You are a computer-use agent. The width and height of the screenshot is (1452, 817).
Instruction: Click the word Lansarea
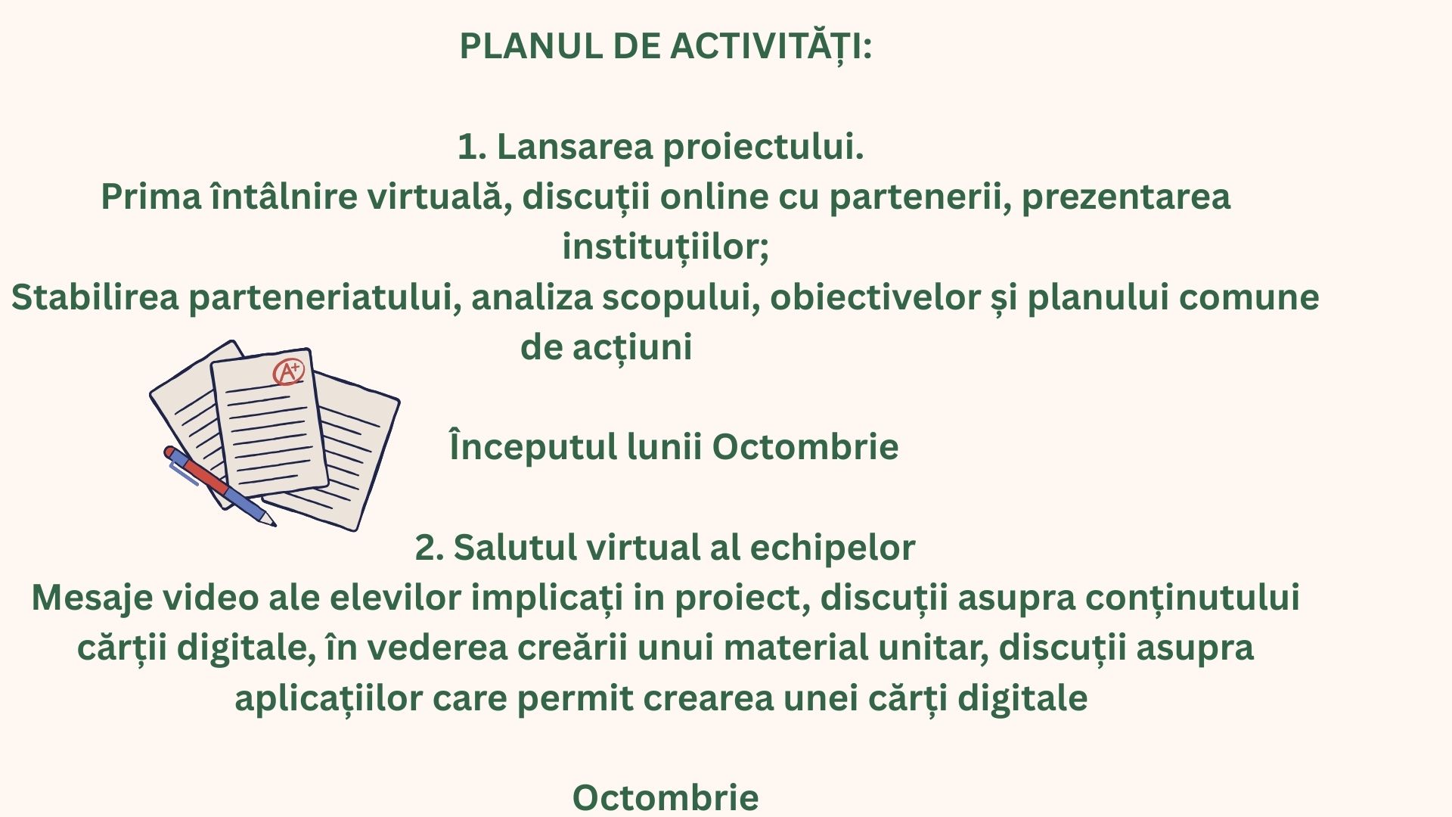[x=573, y=147]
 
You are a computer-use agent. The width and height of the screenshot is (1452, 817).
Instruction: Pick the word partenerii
[x=920, y=197]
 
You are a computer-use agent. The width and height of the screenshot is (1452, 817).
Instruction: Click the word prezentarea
[x=1126, y=197]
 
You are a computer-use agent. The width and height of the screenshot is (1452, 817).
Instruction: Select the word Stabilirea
[x=95, y=297]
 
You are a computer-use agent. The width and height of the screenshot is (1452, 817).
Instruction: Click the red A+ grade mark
[x=288, y=371]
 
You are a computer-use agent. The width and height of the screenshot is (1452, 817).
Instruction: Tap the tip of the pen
[x=273, y=523]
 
